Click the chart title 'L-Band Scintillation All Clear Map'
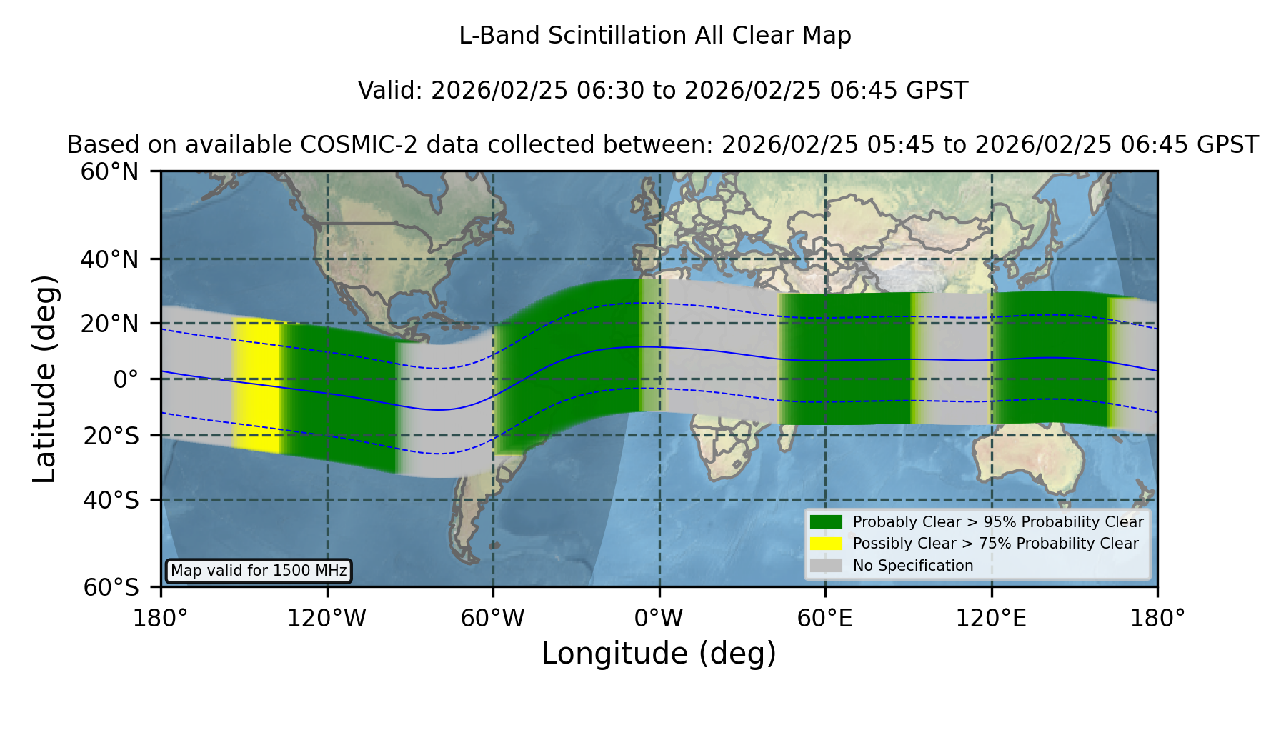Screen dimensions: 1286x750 tap(655, 36)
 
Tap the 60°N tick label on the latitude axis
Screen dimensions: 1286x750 tap(110, 172)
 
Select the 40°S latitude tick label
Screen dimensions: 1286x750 tap(111, 500)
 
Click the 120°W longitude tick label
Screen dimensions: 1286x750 tap(327, 619)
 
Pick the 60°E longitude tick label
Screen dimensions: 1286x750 tap(825, 619)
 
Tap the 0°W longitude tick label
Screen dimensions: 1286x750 tap(659, 619)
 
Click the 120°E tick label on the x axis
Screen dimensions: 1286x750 tap(991, 619)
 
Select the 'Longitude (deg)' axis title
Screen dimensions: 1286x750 tap(659, 654)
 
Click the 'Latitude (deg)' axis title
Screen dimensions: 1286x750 tap(44, 379)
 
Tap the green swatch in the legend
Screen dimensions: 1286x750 tap(826, 522)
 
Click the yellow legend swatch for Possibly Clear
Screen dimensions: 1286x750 tap(826, 544)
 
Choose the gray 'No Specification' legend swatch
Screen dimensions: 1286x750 tap(826, 566)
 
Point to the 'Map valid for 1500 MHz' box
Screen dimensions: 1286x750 tap(259, 571)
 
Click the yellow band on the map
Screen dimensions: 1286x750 tap(257, 385)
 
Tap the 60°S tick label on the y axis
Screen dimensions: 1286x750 tap(111, 587)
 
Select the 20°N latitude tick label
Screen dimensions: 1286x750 tap(110, 324)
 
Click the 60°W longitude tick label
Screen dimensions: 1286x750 tap(493, 619)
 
